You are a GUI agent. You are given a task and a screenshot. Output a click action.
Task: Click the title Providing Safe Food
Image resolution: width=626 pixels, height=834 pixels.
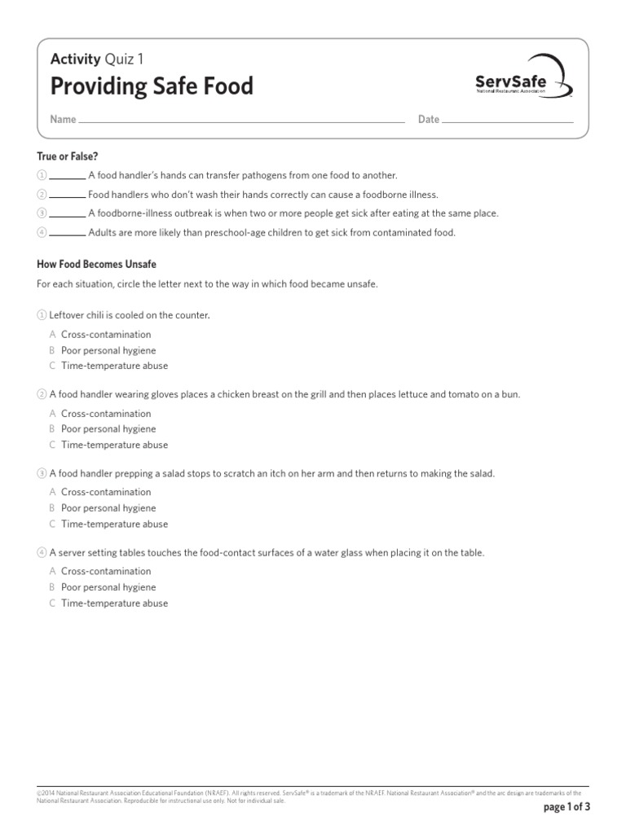(x=152, y=86)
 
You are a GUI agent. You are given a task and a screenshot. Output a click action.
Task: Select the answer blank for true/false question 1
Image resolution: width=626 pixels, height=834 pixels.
(x=68, y=176)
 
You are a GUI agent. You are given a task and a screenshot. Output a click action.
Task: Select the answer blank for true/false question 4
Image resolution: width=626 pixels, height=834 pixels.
(x=68, y=233)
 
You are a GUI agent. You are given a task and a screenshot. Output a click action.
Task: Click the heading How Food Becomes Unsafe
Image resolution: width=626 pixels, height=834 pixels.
(x=96, y=265)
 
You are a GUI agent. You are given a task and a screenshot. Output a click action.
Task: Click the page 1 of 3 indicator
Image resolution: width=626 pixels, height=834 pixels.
(x=566, y=807)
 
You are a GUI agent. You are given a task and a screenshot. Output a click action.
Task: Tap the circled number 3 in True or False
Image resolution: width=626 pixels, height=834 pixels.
(x=42, y=213)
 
